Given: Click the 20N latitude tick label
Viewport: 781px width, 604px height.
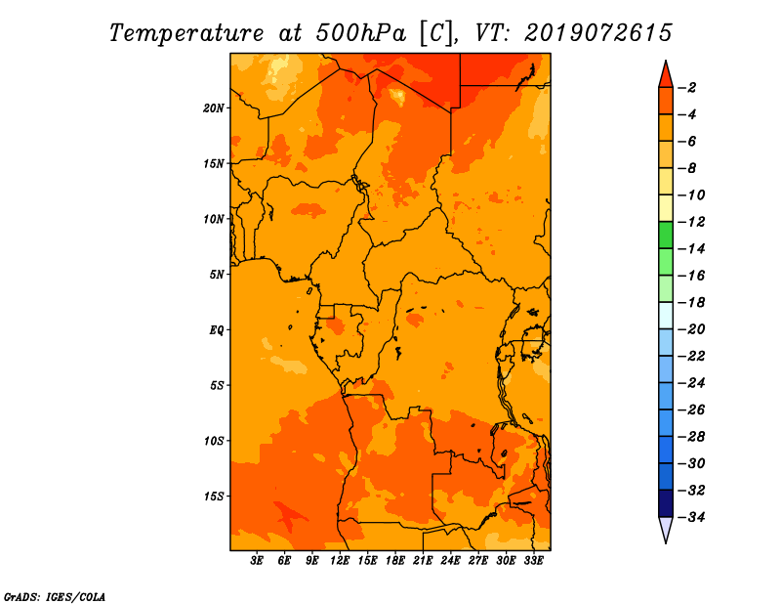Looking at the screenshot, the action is pyautogui.click(x=213, y=108).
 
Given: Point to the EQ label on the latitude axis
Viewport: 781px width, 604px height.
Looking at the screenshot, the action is pyautogui.click(x=216, y=330).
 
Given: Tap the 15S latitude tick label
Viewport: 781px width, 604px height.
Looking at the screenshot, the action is pyautogui.click(x=213, y=496).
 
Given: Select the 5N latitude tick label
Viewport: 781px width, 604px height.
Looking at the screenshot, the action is pyautogui.click(x=216, y=275).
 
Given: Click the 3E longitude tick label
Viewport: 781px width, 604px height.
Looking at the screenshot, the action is pyautogui.click(x=257, y=561).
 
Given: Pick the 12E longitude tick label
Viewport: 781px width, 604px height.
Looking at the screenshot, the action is pyautogui.click(x=340, y=561).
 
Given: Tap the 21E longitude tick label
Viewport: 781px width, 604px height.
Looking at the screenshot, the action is pyautogui.click(x=423, y=561).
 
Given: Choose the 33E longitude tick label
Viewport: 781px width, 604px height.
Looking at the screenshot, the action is pyautogui.click(x=533, y=561).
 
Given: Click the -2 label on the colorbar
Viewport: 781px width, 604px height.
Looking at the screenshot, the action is pyautogui.click(x=687, y=88).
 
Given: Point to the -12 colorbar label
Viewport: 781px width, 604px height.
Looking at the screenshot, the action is pyautogui.click(x=691, y=222).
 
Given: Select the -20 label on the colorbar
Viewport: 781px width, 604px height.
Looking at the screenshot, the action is pyautogui.click(x=691, y=329).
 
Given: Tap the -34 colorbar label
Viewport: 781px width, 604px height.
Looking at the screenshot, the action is pyautogui.click(x=691, y=517).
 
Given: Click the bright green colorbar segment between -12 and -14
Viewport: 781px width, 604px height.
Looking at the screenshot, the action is pyautogui.click(x=666, y=236).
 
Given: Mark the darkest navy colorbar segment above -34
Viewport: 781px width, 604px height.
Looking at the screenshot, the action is pyautogui.click(x=666, y=503).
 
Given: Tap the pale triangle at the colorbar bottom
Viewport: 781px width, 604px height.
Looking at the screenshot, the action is pyautogui.click(x=666, y=529).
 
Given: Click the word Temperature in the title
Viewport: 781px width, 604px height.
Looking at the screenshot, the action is pyautogui.click(x=186, y=34).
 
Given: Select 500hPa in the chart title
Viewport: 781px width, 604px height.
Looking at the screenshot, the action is pyautogui.click(x=361, y=33).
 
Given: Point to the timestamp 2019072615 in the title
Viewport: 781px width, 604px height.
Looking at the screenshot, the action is pyautogui.click(x=598, y=33).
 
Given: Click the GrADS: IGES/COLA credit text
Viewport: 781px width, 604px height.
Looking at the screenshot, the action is pyautogui.click(x=55, y=597).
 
